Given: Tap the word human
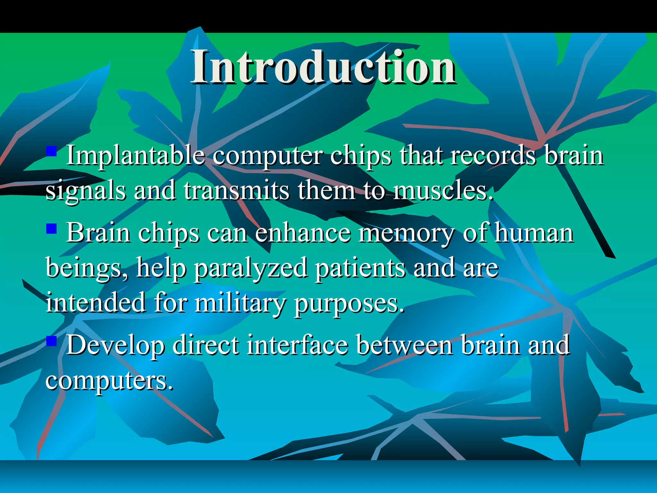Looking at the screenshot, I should [x=533, y=233].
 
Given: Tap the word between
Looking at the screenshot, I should [x=405, y=345].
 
